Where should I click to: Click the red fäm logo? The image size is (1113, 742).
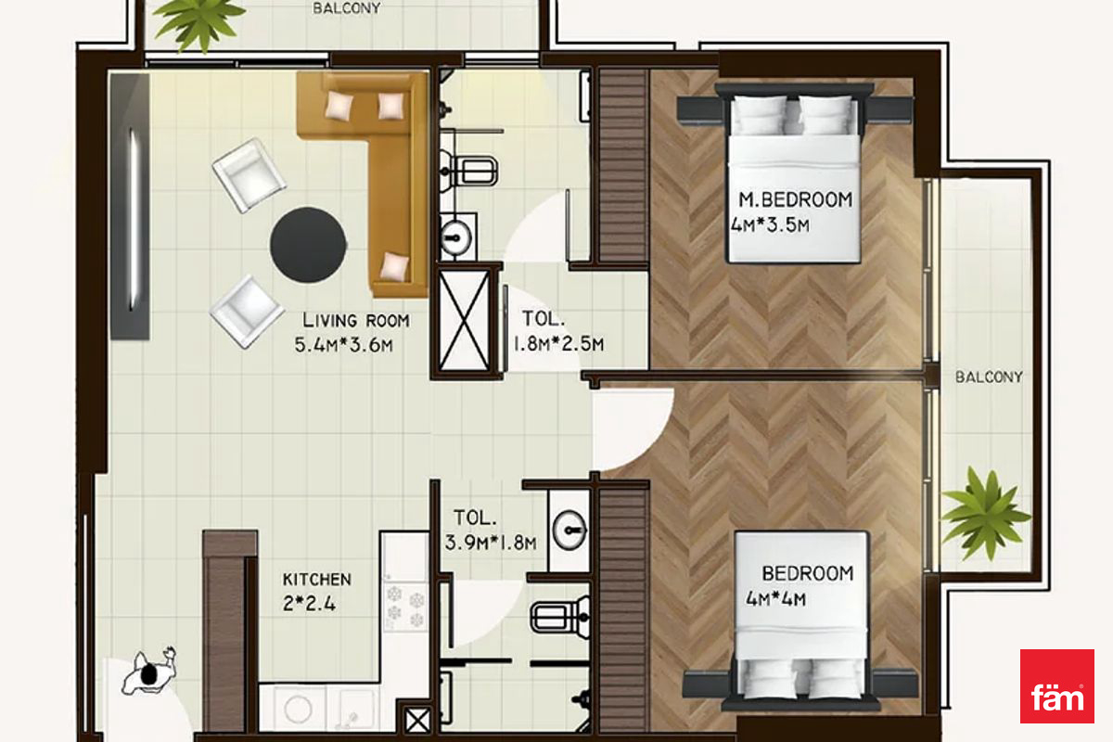1056,685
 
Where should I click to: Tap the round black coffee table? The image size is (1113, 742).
308,245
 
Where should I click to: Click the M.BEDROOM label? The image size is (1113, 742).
795,199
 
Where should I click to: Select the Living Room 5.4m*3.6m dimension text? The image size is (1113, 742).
344,344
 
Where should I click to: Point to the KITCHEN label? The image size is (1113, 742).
317,580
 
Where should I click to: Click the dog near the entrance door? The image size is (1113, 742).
149,671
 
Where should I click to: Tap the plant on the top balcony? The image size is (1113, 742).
198,22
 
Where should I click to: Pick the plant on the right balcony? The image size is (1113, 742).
985,515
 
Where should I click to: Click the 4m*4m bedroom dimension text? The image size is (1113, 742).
775,599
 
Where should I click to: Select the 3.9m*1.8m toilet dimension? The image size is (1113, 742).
491,543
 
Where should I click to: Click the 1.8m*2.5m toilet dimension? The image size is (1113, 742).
558,344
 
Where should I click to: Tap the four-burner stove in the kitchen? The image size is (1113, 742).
405,608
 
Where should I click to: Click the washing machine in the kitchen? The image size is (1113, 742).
298,708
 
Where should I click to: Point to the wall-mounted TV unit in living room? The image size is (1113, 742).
130,207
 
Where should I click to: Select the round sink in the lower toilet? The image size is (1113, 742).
569,531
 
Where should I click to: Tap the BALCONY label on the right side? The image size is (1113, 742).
989,377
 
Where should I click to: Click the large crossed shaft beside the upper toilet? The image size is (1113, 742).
464,321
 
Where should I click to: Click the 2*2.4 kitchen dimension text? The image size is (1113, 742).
309,604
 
